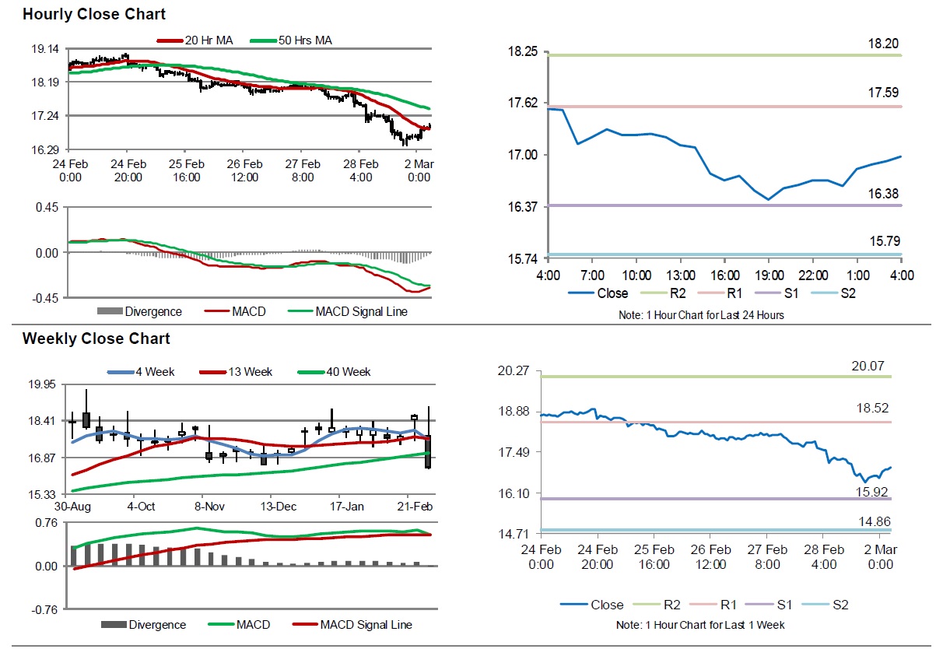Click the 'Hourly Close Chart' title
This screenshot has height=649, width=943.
(x=94, y=15)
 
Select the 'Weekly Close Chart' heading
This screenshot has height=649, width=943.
(x=96, y=339)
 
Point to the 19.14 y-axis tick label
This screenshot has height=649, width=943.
(x=44, y=49)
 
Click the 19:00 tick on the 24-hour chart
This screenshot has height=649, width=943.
(x=768, y=275)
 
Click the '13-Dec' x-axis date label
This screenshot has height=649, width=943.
(x=279, y=507)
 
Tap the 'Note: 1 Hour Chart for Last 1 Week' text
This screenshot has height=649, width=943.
(x=700, y=625)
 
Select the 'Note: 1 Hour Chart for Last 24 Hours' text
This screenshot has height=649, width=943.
(x=699, y=315)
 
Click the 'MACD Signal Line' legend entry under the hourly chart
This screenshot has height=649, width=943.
(x=361, y=312)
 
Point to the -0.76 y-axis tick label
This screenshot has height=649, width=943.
(x=44, y=610)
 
